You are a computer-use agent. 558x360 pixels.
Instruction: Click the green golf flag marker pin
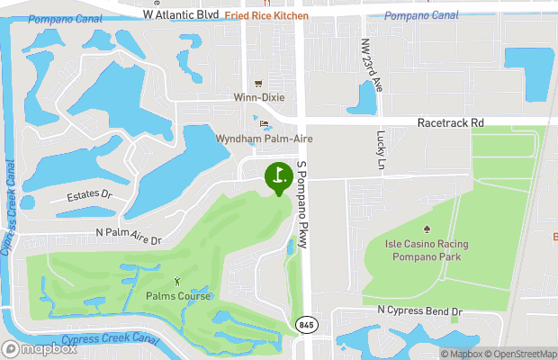[x=278, y=175]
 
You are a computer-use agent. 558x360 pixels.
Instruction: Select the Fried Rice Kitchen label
[x=266, y=16]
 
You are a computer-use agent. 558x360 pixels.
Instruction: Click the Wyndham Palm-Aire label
[x=256, y=139]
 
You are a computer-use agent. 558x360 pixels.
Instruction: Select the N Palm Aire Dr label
[x=128, y=240]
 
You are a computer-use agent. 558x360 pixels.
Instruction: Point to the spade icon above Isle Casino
[x=427, y=229]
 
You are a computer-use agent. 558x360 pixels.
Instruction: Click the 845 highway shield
[x=306, y=324]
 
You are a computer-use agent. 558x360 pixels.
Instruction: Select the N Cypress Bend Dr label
[x=419, y=311]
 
